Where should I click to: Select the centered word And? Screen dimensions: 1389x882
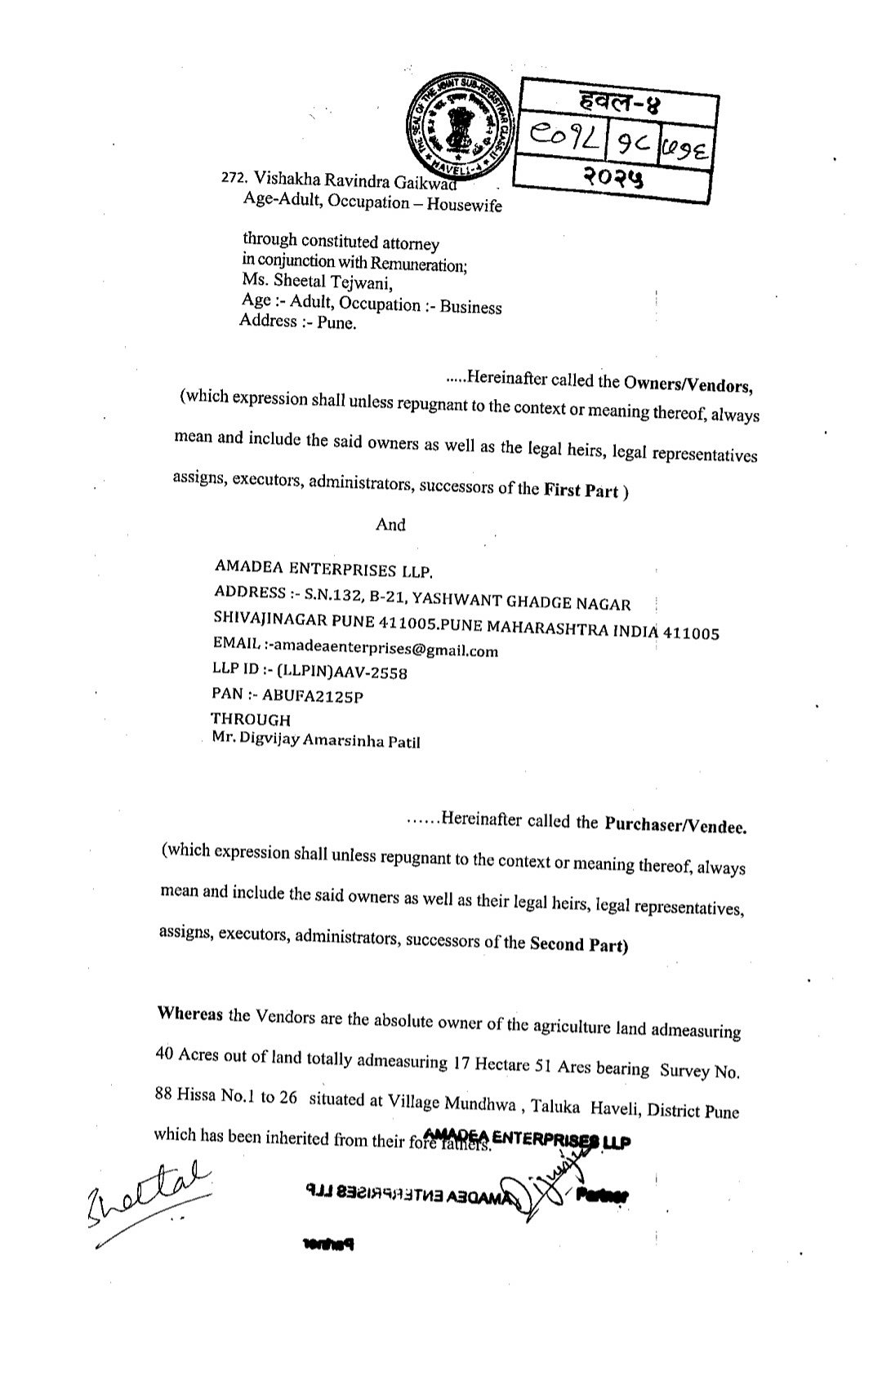point(390,525)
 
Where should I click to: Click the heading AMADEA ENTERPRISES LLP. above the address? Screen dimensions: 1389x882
point(323,568)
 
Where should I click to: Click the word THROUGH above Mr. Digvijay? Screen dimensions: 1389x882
point(251,719)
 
